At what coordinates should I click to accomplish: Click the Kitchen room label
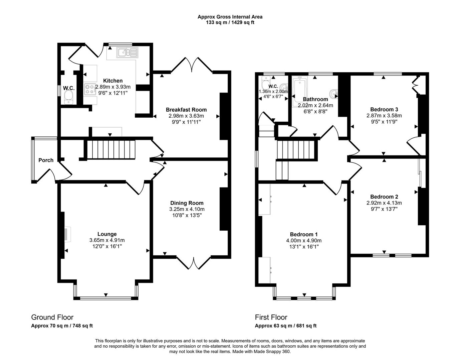coord(112,81)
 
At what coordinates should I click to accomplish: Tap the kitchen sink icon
coord(127,52)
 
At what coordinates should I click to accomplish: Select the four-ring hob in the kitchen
coord(90,89)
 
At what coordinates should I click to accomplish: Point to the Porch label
coord(46,160)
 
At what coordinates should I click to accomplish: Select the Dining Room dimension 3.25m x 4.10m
coord(187,209)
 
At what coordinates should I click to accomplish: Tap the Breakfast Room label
coord(186,110)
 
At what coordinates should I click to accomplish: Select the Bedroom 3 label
coord(384,109)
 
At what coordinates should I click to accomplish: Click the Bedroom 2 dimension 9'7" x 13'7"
coord(384,209)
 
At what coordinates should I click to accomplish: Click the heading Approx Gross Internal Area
coord(230,17)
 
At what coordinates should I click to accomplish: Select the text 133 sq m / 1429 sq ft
coord(230,22)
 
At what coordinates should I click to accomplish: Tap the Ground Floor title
coord(52,317)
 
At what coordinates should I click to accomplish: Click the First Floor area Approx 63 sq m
coord(285,326)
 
